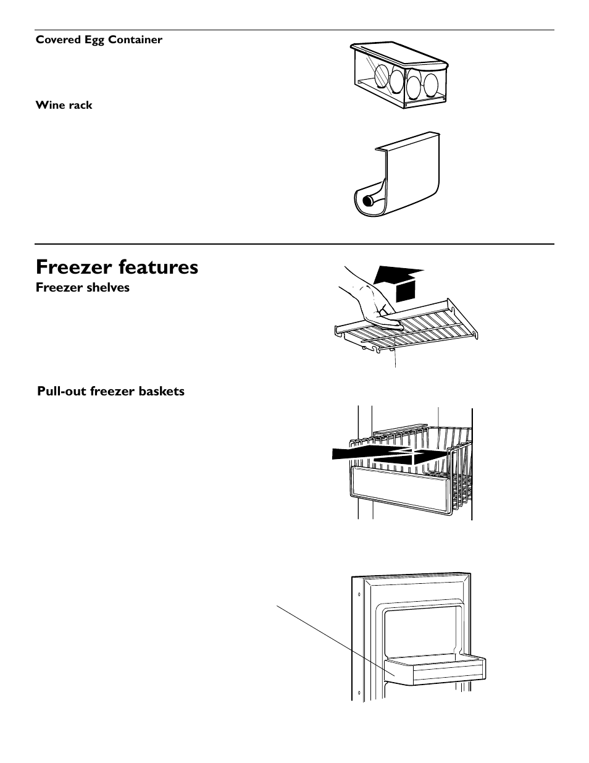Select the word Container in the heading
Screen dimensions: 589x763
(x=135, y=40)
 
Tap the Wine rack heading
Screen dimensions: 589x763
(x=64, y=105)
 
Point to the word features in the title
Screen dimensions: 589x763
(x=158, y=267)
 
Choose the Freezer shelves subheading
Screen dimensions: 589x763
(x=83, y=287)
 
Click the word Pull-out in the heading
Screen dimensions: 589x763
(x=62, y=391)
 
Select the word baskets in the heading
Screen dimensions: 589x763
(x=162, y=391)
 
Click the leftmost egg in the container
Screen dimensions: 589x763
(x=382, y=75)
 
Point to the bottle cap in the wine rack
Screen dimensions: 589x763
(x=369, y=201)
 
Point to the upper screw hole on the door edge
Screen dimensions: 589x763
(x=359, y=594)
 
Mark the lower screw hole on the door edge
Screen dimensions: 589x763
(x=359, y=693)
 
